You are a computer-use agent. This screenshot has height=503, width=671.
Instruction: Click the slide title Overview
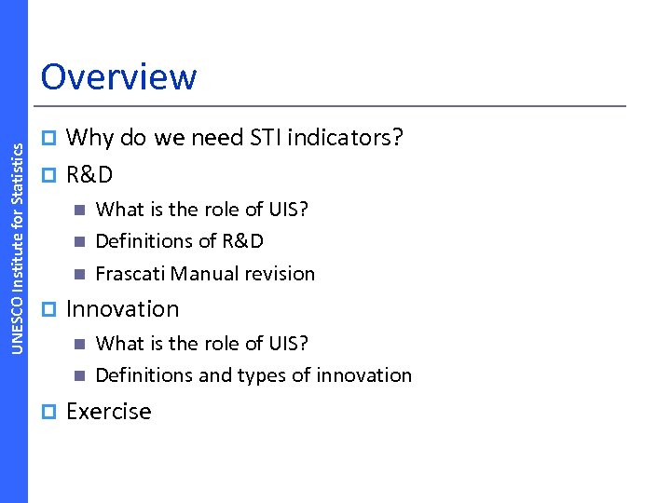pyautogui.click(x=118, y=76)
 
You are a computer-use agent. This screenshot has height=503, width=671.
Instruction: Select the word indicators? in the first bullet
pyautogui.click(x=346, y=139)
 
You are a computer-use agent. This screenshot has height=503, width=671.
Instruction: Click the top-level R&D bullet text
pyautogui.click(x=89, y=174)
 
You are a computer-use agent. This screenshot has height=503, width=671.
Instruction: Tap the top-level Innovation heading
pyautogui.click(x=122, y=309)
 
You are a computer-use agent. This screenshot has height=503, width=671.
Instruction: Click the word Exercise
pyautogui.click(x=108, y=412)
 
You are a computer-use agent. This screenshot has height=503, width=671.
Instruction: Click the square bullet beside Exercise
pyautogui.click(x=51, y=412)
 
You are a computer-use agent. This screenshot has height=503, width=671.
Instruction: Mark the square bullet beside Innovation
pyautogui.click(x=51, y=309)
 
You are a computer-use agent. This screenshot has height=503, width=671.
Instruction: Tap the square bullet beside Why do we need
pyautogui.click(x=51, y=139)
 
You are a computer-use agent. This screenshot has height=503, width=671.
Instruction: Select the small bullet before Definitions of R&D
pyautogui.click(x=79, y=242)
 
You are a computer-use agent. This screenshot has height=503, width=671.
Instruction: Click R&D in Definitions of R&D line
pyautogui.click(x=242, y=241)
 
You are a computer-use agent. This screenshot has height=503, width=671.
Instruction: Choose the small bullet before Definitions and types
pyautogui.click(x=79, y=376)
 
